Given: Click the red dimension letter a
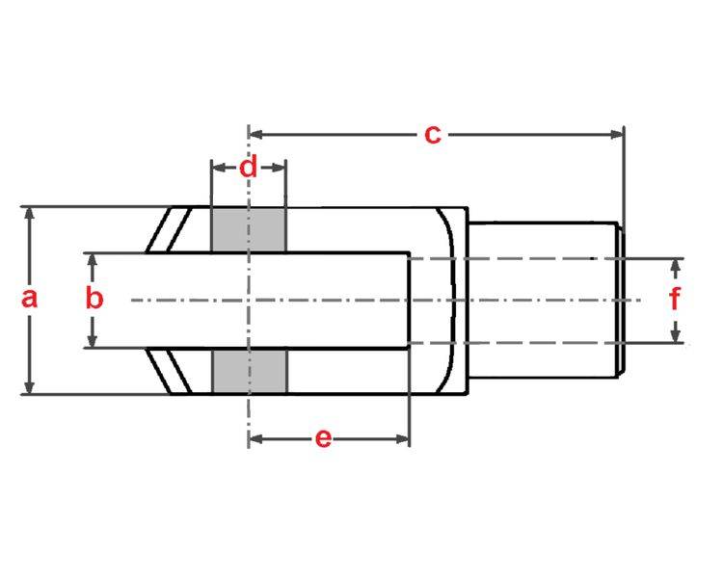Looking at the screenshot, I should [29, 298].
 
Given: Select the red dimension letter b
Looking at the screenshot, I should [94, 298].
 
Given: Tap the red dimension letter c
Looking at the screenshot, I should [433, 134].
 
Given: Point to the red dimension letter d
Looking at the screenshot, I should [249, 168].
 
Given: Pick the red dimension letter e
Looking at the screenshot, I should [324, 438].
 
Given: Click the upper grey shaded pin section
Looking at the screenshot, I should [248, 230].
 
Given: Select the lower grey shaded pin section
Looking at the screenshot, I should [248, 371].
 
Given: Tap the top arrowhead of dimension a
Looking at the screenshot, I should [30, 212].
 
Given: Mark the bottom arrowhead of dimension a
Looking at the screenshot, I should [30, 387].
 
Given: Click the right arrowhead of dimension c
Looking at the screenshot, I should [618, 134].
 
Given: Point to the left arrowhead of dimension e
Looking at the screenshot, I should [254, 439].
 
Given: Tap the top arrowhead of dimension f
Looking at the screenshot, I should [676, 264].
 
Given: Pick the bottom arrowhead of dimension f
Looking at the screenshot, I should [676, 336].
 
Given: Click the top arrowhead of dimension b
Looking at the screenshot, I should [94, 259].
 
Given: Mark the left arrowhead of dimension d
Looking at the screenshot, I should [217, 168].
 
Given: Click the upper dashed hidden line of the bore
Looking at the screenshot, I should [511, 258].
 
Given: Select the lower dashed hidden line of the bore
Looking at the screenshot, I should [511, 343].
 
